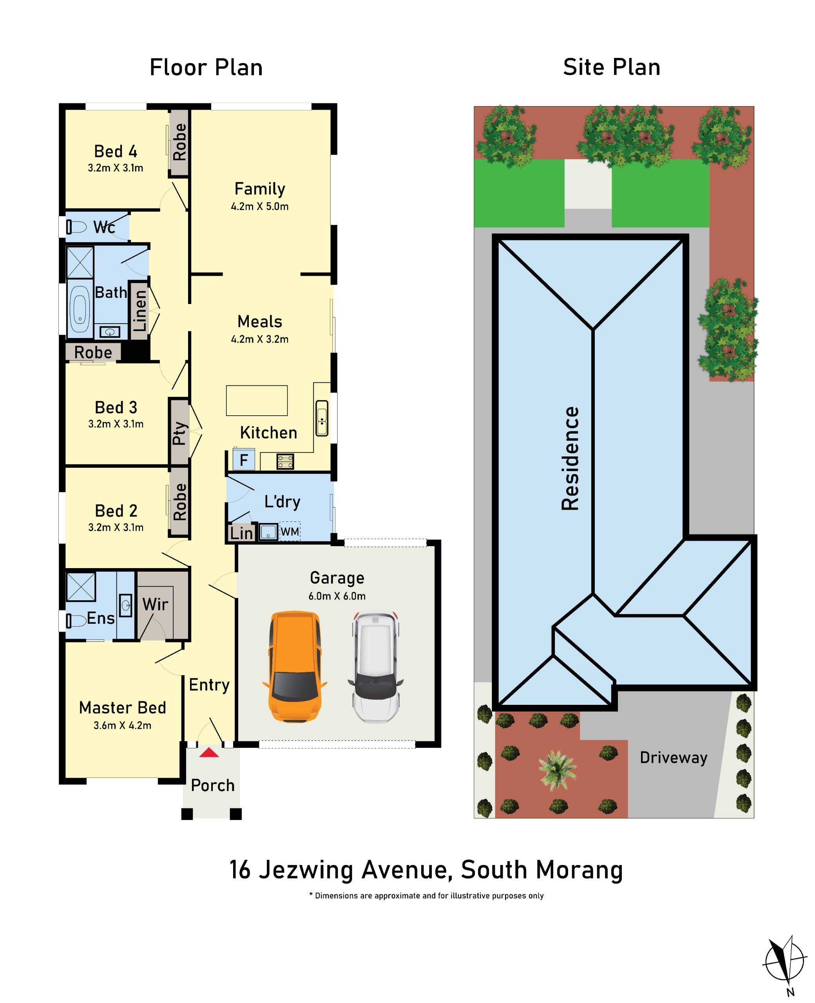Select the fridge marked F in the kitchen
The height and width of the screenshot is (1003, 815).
[244, 460]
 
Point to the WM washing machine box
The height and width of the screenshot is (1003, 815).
[290, 532]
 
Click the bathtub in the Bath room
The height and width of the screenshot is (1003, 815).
[80, 309]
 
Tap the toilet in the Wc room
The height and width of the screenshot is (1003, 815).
[76, 227]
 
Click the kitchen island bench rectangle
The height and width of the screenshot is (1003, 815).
[257, 400]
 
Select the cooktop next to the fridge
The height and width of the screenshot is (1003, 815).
[285, 462]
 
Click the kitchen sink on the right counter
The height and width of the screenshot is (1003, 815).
[322, 418]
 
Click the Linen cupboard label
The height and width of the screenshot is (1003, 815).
[140, 310]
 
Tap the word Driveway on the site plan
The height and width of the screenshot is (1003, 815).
[673, 757]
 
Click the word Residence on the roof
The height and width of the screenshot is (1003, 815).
[570, 458]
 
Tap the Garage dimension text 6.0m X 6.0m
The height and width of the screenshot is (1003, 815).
[337, 596]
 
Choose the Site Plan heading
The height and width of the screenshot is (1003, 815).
[611, 67]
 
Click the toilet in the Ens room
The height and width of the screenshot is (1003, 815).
[75, 621]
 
